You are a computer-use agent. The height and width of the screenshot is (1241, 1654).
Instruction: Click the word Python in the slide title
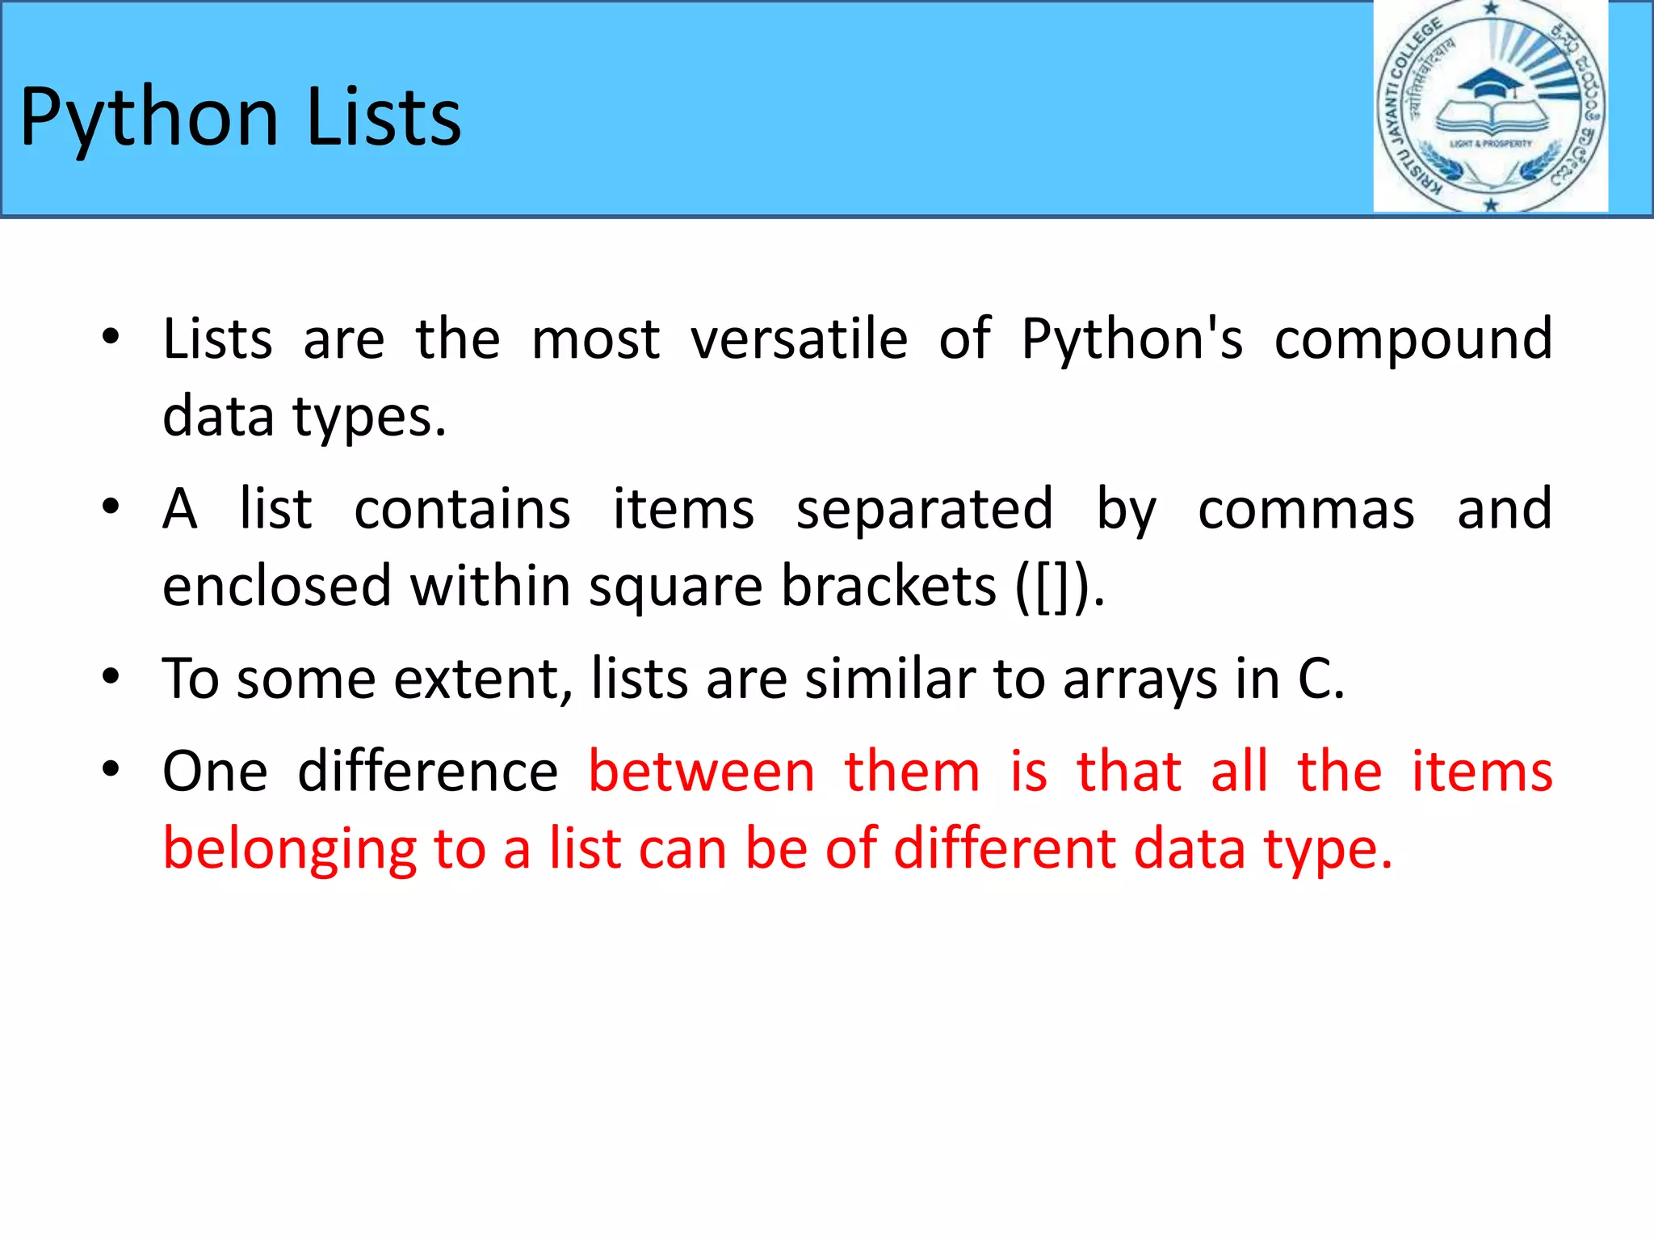pos(149,118)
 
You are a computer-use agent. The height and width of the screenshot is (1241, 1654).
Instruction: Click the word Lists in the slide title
pos(384,118)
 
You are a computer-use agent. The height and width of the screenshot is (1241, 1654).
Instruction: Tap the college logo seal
pos(1490,107)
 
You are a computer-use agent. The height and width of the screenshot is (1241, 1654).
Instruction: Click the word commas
pos(1305,509)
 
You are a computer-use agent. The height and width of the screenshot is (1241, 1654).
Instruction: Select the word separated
pos(924,509)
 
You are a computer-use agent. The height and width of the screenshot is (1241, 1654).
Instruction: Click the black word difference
pos(427,771)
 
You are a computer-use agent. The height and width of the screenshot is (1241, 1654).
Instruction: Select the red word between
pos(701,771)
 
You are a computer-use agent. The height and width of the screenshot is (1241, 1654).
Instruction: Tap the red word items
pos(1481,771)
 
